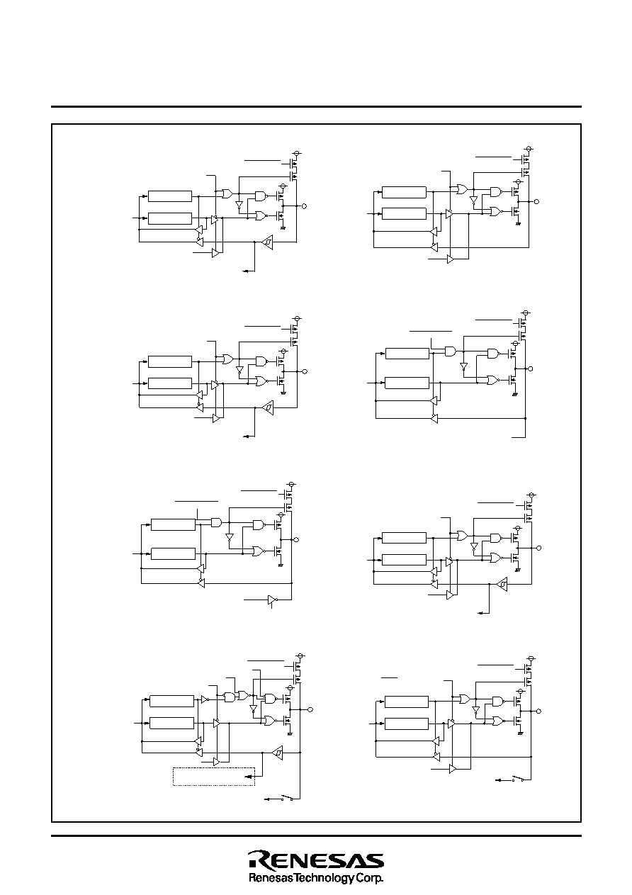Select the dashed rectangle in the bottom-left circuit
(214, 777)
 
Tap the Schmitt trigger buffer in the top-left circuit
(267, 242)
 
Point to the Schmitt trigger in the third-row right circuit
(502, 584)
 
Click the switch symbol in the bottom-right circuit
(518, 779)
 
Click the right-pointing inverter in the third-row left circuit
(272, 600)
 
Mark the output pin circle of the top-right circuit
(536, 201)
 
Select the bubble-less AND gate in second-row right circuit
(450, 351)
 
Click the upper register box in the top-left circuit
(170, 196)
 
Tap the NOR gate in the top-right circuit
(496, 211)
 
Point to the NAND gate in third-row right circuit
(496, 538)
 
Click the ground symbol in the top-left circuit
(283, 227)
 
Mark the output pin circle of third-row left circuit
(296, 540)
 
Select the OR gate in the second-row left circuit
(227, 359)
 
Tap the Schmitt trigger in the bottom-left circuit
(277, 753)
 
